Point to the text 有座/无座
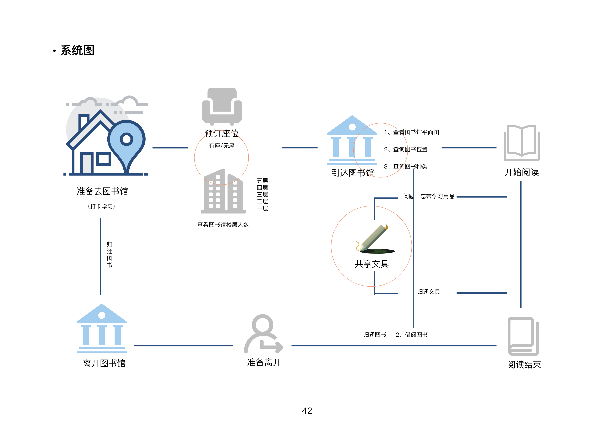pyautogui.click(x=222, y=146)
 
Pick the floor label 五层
pyautogui.click(x=262, y=181)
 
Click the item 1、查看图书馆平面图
pyautogui.click(x=411, y=132)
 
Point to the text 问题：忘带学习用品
pyautogui.click(x=429, y=196)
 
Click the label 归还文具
pyautogui.click(x=428, y=292)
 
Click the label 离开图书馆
pyautogui.click(x=104, y=363)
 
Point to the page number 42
pyautogui.click(x=307, y=411)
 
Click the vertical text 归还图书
pyautogui.click(x=109, y=254)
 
